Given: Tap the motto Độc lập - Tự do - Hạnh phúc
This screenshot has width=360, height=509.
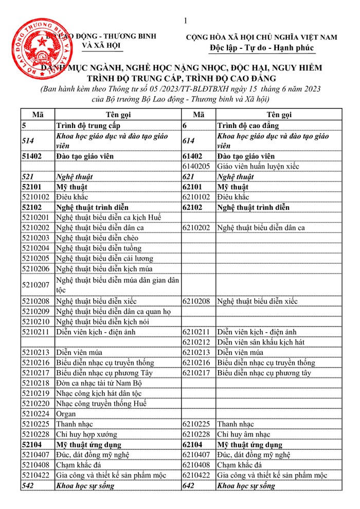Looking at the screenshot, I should (261, 49).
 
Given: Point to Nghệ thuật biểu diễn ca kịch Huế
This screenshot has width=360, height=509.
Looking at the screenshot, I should (109, 217).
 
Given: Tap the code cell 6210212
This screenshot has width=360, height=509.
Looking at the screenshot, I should (199, 342).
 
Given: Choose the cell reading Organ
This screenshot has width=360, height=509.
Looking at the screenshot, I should (66, 414).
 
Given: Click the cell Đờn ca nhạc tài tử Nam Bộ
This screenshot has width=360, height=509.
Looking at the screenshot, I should (98, 383).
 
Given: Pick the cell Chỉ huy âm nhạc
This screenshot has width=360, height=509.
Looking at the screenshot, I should (243, 434).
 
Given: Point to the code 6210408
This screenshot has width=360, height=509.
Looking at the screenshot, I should (199, 465).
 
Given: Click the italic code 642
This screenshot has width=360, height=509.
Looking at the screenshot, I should (189, 486).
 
